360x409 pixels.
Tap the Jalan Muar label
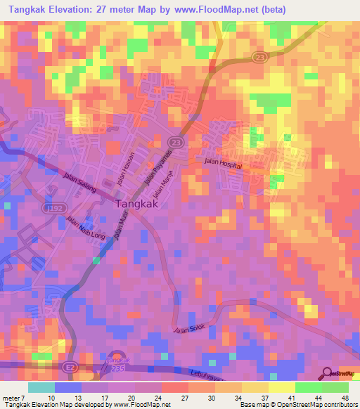click(x=124, y=229)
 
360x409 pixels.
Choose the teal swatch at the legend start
click(x=41, y=387)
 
